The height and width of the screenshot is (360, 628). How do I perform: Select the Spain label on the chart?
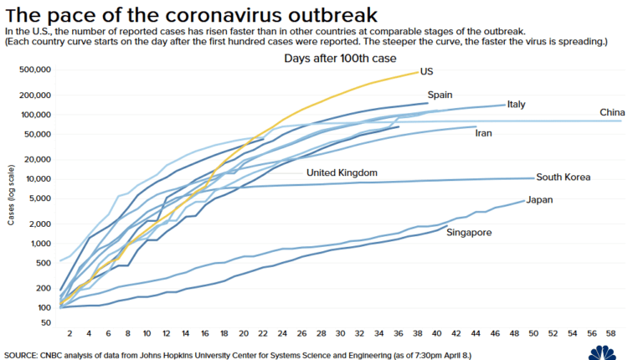coord(440,95)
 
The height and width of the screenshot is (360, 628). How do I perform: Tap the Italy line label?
coord(516,105)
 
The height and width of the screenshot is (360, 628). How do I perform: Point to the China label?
coord(613,113)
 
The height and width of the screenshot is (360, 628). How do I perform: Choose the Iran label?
coord(483,133)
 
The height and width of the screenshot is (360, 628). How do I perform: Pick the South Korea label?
coord(564,177)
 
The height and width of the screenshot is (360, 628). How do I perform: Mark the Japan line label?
coord(539,200)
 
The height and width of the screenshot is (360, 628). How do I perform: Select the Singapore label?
coord(469,232)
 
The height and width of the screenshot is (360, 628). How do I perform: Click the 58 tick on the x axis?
coord(609,332)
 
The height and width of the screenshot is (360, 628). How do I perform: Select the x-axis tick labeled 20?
coord(243,332)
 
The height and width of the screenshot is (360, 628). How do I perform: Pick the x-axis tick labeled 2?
coord(69,332)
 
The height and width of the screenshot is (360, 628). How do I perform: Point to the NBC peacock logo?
coord(607,352)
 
